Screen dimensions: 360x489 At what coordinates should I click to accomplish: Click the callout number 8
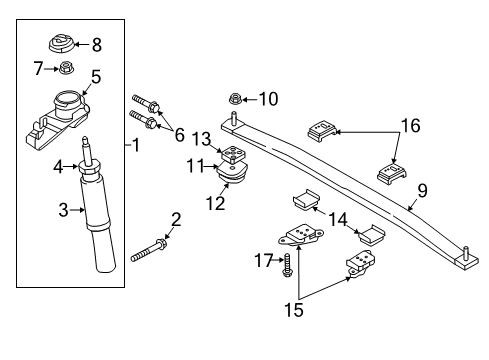coord(96,44)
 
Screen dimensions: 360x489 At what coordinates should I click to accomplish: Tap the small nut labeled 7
coord(66,68)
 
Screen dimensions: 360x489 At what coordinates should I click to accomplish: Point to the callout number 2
coord(176,219)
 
